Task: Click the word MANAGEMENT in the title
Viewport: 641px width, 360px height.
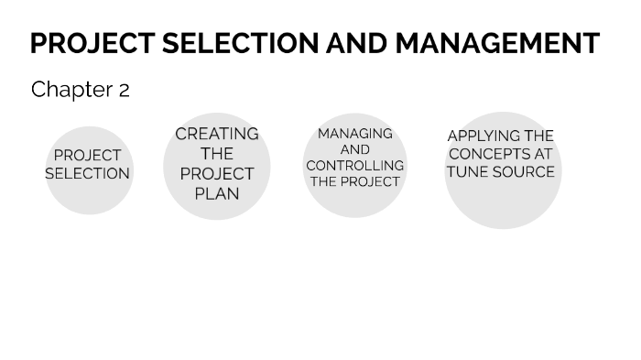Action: click(x=497, y=43)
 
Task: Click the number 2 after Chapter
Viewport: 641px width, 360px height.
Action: click(x=124, y=90)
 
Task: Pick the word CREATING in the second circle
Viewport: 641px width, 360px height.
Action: click(x=217, y=134)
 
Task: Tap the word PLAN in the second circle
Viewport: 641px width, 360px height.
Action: click(x=217, y=193)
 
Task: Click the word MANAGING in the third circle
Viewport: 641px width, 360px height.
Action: click(x=355, y=134)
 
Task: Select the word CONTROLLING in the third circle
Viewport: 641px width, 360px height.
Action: click(x=355, y=166)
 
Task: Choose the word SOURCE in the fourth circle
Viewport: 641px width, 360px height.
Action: click(x=523, y=171)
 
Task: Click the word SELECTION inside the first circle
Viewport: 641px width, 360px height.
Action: click(x=88, y=173)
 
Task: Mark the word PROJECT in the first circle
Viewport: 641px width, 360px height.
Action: click(x=88, y=156)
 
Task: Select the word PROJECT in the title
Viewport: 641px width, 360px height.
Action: click(x=90, y=43)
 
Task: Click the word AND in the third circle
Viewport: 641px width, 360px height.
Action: click(x=355, y=149)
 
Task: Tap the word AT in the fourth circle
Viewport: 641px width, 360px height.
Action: click(x=543, y=154)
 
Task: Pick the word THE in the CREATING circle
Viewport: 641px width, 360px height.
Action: click(x=217, y=154)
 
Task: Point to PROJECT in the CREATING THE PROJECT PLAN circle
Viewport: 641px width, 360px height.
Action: click(x=217, y=173)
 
